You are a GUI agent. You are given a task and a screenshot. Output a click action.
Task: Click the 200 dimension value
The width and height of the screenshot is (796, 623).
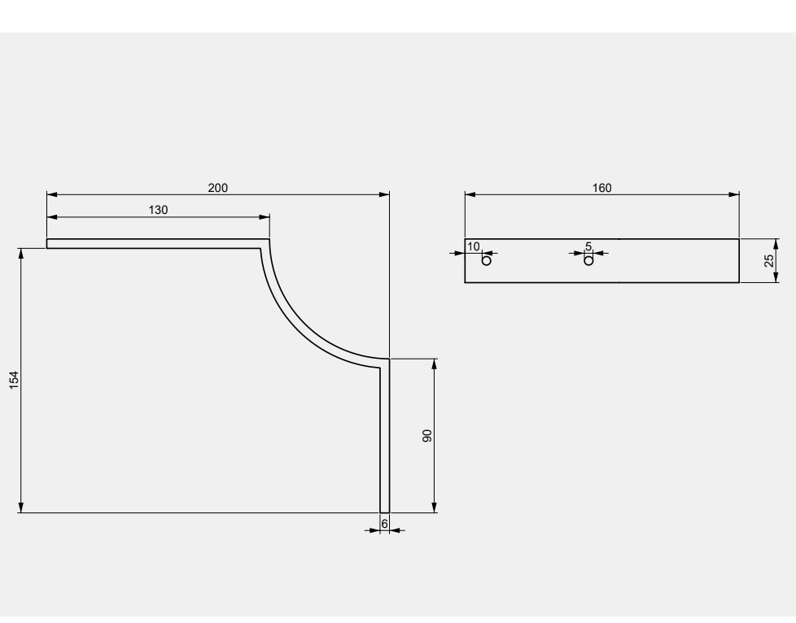pyautogui.click(x=218, y=188)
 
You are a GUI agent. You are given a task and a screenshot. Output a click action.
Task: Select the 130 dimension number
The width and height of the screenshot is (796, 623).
pyautogui.click(x=158, y=210)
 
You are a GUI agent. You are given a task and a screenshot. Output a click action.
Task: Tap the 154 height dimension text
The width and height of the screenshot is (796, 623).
pyautogui.click(x=14, y=380)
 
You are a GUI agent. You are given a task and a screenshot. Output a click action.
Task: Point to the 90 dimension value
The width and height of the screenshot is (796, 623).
pyautogui.click(x=427, y=436)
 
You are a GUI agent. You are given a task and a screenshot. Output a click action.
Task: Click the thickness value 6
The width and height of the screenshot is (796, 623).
pyautogui.click(x=384, y=524)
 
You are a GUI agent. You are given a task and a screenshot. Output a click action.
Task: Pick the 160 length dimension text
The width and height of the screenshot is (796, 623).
pyautogui.click(x=602, y=188)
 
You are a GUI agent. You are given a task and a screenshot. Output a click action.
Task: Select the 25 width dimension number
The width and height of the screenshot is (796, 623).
pyautogui.click(x=768, y=261)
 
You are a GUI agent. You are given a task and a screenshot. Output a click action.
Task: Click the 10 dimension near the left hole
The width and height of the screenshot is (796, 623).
pyautogui.click(x=473, y=246)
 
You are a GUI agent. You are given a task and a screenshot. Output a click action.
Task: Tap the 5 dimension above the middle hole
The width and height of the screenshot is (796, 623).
pyautogui.click(x=588, y=246)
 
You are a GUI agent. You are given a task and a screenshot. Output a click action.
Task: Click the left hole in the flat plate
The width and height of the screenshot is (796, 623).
pyautogui.click(x=487, y=261)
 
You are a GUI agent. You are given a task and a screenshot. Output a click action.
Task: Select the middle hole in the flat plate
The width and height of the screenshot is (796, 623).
pyautogui.click(x=588, y=261)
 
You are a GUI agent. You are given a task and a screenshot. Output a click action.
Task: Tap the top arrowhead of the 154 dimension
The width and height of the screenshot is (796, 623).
pyautogui.click(x=21, y=254)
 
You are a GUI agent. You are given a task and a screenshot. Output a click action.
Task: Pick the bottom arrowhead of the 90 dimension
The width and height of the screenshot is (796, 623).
pyautogui.click(x=434, y=508)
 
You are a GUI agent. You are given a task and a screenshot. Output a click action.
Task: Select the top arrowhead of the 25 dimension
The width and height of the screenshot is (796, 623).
pyautogui.click(x=776, y=244)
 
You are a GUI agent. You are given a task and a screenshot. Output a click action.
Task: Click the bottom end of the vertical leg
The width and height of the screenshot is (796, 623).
pyautogui.click(x=385, y=512)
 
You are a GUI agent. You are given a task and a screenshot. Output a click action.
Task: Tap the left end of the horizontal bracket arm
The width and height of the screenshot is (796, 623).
pyautogui.click(x=47, y=243)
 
